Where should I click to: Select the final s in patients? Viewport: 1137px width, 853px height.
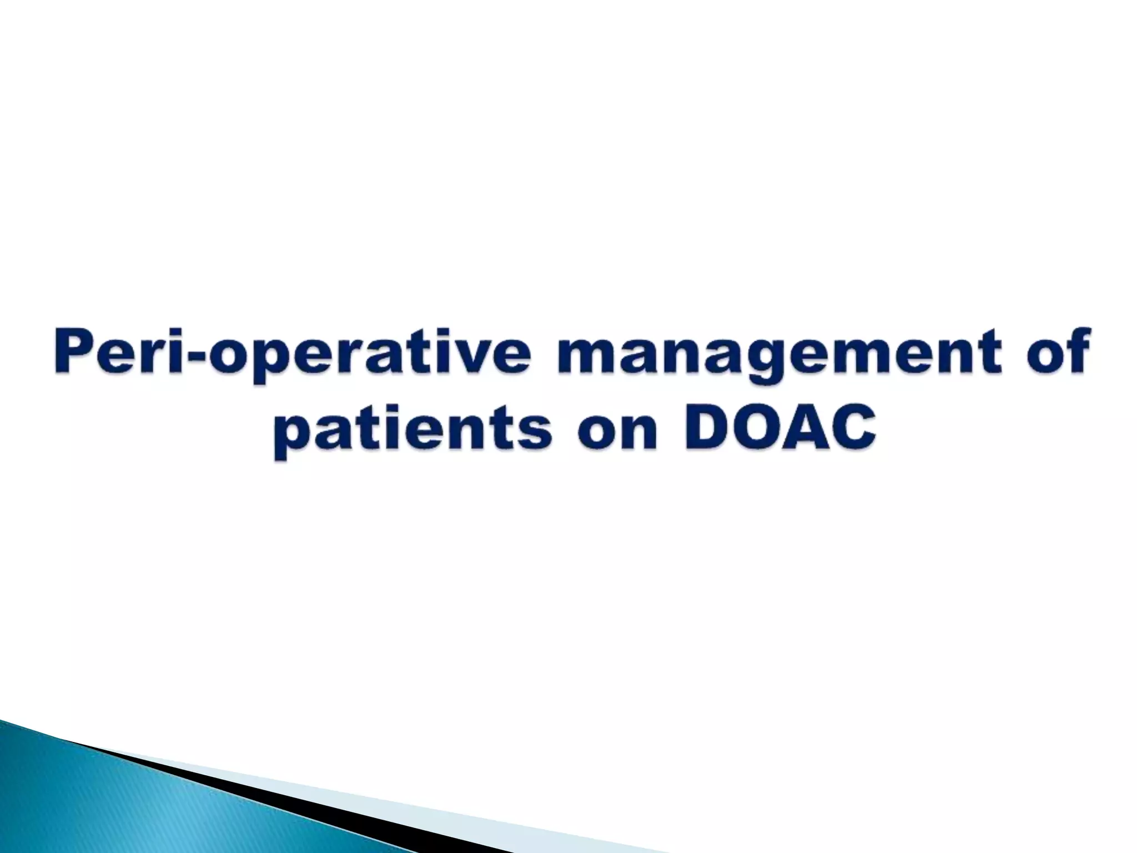point(536,431)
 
